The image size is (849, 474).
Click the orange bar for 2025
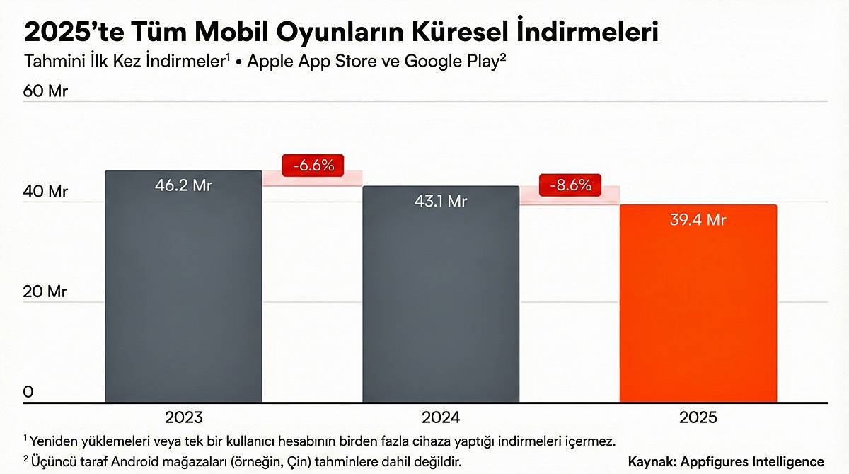coord(698,304)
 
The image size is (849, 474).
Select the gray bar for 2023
coord(183,290)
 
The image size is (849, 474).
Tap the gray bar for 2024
coord(441,297)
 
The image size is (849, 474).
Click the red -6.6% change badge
coord(312,166)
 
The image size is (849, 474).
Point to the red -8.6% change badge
coord(570,185)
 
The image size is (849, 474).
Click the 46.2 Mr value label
coord(183,186)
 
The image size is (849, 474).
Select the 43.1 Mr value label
coord(441,202)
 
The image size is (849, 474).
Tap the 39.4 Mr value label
coord(698,220)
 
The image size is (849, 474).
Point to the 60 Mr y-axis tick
coord(45,91)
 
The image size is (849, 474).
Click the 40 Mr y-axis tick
coord(45,192)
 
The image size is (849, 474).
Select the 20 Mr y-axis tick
coord(45,291)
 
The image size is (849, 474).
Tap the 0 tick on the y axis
coord(28,392)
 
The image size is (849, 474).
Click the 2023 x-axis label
coord(183,417)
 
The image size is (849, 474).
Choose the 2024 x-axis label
coord(441,417)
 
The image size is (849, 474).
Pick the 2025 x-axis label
coord(698,417)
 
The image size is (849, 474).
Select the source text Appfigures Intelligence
coord(753,461)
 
